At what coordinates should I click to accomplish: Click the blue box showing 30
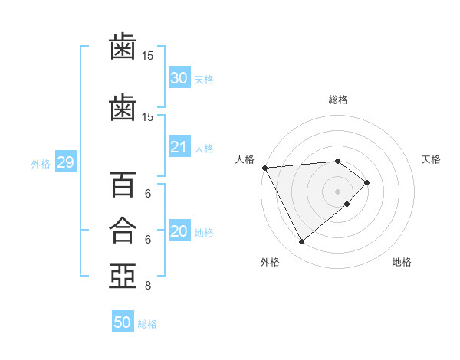coord(179,77)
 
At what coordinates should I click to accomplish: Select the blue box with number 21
coord(179,146)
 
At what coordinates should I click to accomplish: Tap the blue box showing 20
coord(179,230)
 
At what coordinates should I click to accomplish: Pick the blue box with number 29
coord(66,162)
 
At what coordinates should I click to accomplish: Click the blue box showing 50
coord(123,321)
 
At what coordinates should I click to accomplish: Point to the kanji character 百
coord(123,185)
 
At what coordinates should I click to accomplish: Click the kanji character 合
coord(123,231)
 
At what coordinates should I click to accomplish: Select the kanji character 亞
coord(123,277)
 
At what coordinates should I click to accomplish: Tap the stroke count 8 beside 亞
coord(148,285)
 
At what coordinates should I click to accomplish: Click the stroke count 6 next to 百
coord(148,194)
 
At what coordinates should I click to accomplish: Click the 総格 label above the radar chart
coord(338,100)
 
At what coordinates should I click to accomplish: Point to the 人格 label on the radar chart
coord(245,159)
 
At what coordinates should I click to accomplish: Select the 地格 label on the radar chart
coord(402,262)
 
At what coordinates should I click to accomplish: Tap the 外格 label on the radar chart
coord(270,262)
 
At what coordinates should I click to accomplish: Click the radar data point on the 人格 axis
coord(265,168)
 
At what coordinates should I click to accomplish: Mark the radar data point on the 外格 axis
coord(301,241)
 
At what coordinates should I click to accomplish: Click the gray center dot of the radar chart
coord(337,191)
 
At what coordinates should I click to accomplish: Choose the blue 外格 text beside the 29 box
coord(41,164)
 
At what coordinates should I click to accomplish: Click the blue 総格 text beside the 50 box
coord(147,324)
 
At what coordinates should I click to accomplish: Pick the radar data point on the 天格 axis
coord(366,182)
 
